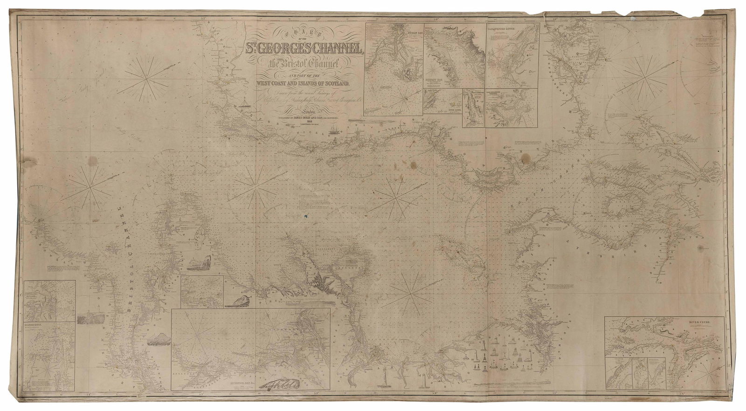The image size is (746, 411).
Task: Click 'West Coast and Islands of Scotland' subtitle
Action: [308, 84]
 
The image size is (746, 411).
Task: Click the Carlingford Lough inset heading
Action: [511, 27]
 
